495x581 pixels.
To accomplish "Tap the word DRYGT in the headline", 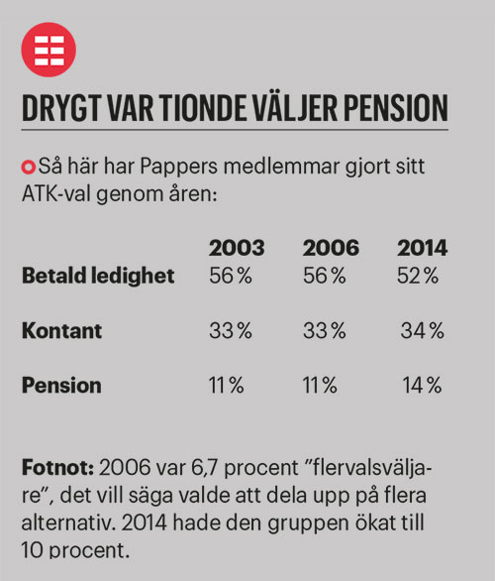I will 60,107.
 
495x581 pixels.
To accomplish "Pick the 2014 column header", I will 421,249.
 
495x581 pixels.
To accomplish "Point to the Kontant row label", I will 61,330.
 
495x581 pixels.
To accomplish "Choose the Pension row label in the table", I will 61,386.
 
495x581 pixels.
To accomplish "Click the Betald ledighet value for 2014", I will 419,276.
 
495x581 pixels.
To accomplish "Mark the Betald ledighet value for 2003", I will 232,276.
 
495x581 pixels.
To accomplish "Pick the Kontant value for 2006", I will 327,330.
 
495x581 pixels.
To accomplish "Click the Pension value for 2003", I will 227,386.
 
